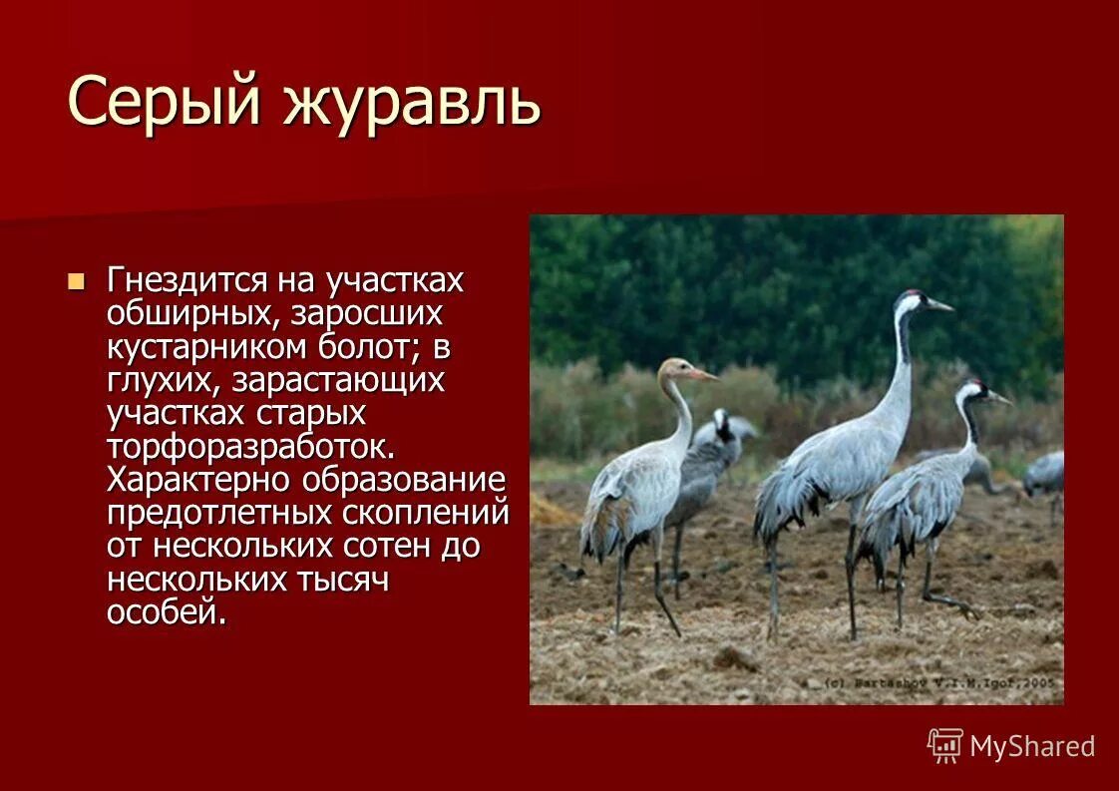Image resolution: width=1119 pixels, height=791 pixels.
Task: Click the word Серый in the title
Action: click(166, 102)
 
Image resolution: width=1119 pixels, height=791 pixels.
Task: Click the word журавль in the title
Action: click(412, 102)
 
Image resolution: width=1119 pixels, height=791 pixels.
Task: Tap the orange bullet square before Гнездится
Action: click(76, 280)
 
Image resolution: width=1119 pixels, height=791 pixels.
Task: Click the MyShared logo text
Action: click(1032, 746)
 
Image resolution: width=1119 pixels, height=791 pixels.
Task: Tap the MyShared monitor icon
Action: click(944, 745)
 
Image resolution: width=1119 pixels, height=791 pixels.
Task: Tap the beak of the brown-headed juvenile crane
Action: click(702, 375)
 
